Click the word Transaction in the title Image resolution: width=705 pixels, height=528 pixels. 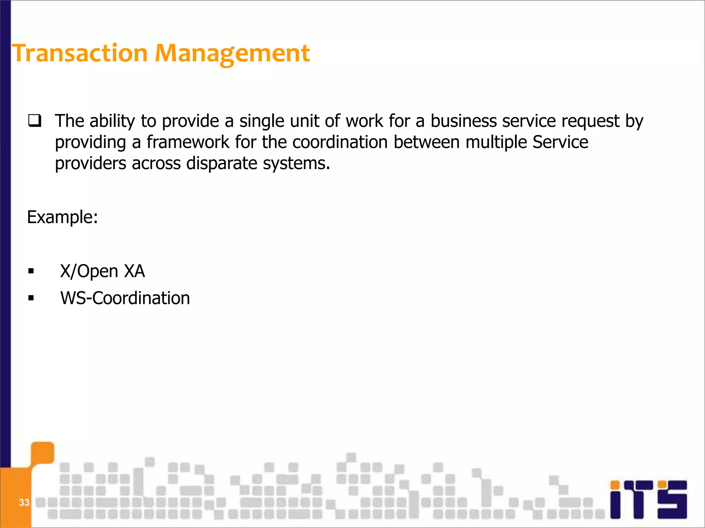click(x=80, y=53)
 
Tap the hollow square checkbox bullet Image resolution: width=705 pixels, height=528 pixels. click(x=35, y=121)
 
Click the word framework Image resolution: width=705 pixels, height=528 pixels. click(x=188, y=142)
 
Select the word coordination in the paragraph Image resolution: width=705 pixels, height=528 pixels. click(x=340, y=142)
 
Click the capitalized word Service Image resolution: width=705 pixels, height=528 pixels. click(x=560, y=142)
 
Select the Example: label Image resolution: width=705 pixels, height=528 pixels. click(x=62, y=217)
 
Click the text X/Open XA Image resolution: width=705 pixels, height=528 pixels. click(x=103, y=271)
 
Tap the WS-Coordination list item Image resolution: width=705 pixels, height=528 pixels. click(x=125, y=298)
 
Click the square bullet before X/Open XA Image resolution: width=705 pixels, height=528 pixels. click(x=31, y=272)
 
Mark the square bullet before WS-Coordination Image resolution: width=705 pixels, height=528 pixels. click(x=31, y=298)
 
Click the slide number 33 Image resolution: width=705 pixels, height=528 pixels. click(x=24, y=503)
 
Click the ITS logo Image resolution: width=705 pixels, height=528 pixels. click(x=648, y=499)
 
